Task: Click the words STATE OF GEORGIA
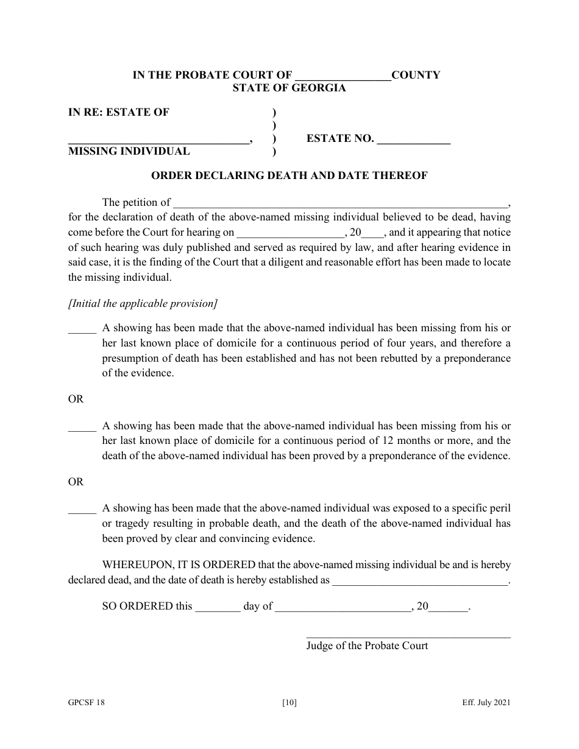point(289,88)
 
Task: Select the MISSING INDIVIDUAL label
point(129,152)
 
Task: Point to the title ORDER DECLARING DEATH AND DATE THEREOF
point(289,176)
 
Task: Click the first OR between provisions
point(76,399)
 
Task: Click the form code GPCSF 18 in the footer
point(86,703)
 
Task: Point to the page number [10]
point(289,703)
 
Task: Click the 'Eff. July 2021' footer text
point(486,703)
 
